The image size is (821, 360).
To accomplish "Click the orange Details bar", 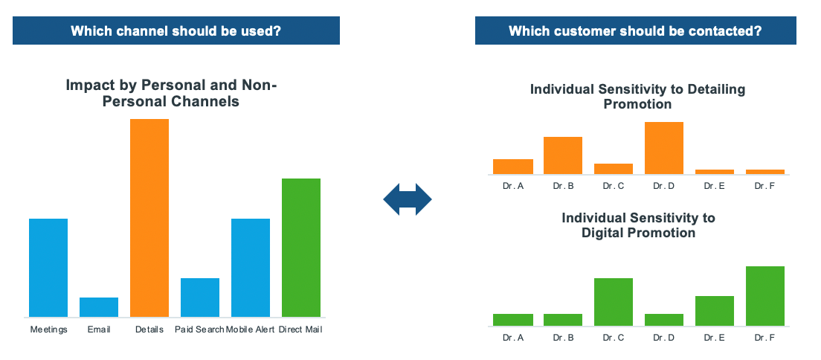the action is [x=149, y=218].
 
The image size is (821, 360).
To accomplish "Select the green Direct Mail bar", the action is [x=301, y=248].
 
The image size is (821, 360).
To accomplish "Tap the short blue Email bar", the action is [x=99, y=307].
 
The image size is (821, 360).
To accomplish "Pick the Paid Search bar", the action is [x=200, y=298].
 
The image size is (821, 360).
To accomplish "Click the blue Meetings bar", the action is [x=48, y=268].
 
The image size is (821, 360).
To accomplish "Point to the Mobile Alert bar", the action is [x=251, y=268].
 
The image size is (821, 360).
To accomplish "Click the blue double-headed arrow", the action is [x=408, y=199].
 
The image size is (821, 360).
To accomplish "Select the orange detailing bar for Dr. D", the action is [x=664, y=148].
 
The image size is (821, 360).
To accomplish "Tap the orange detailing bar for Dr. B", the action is [x=563, y=155].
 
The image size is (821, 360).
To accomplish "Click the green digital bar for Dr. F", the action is [x=765, y=296].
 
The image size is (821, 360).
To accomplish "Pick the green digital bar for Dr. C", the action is [x=613, y=302].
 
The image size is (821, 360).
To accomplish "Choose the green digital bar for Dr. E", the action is [x=715, y=311].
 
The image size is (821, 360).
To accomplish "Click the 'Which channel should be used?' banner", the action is [x=176, y=30].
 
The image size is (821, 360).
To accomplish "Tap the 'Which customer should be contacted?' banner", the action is [x=636, y=30].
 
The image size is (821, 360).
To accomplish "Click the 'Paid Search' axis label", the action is [x=199, y=330].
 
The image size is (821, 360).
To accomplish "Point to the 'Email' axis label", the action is [x=99, y=330].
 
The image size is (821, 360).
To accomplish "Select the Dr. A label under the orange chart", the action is [x=513, y=186].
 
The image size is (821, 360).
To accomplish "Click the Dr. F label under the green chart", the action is [x=765, y=338].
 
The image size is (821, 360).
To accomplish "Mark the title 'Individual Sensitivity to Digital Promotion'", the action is [x=638, y=225].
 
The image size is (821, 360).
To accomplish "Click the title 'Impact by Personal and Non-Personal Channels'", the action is [x=171, y=93].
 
